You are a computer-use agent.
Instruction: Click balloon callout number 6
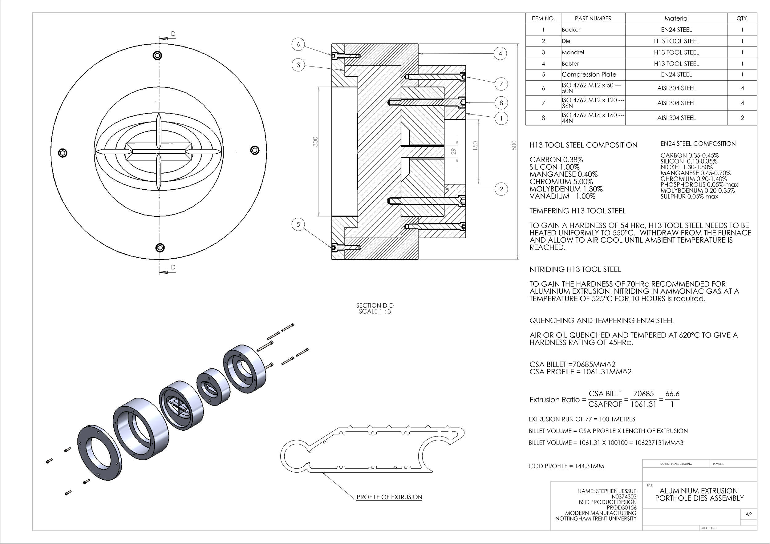298,45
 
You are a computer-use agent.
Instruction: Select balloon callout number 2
501,189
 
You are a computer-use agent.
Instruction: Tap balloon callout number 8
501,103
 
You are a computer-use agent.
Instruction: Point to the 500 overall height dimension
514,145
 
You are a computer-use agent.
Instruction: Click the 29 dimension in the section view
454,151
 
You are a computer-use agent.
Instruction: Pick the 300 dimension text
315,141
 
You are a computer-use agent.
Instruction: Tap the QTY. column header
742,18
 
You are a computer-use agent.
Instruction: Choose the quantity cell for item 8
742,118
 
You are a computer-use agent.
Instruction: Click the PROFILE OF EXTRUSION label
389,497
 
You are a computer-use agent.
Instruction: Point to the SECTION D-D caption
375,306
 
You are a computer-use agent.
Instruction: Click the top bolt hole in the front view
157,55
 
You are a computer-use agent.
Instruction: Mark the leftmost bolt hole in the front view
63,153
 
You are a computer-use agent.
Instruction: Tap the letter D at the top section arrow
173,34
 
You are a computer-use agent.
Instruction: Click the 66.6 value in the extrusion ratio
672,394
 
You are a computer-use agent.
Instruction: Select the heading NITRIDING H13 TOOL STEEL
575,269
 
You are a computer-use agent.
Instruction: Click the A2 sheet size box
748,514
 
